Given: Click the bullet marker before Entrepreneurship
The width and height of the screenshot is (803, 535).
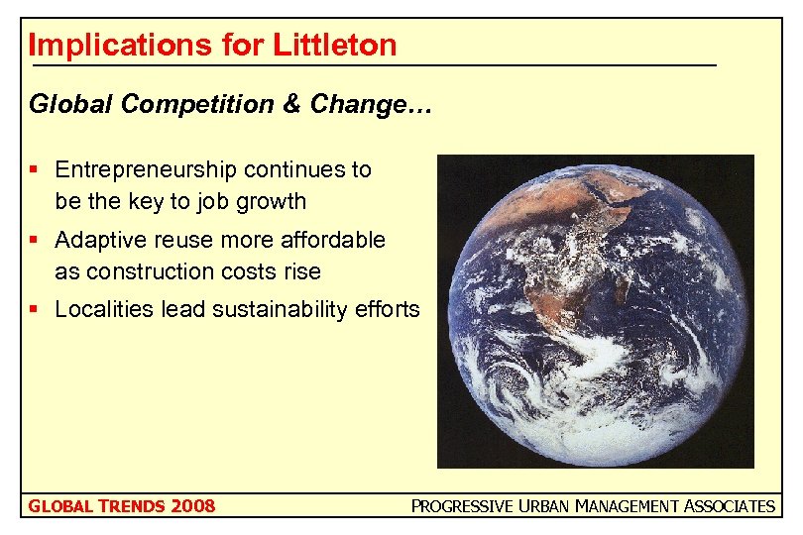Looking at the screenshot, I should click(37, 169).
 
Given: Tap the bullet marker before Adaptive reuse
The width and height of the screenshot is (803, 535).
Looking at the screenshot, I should click(37, 240).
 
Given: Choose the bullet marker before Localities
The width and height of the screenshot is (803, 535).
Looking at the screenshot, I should click(37, 309).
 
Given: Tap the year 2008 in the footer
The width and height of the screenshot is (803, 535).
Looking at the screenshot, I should click(192, 506).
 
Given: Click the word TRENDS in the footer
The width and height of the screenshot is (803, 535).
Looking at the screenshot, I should click(130, 506).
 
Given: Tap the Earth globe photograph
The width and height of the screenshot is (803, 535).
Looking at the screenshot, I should click(595, 310).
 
